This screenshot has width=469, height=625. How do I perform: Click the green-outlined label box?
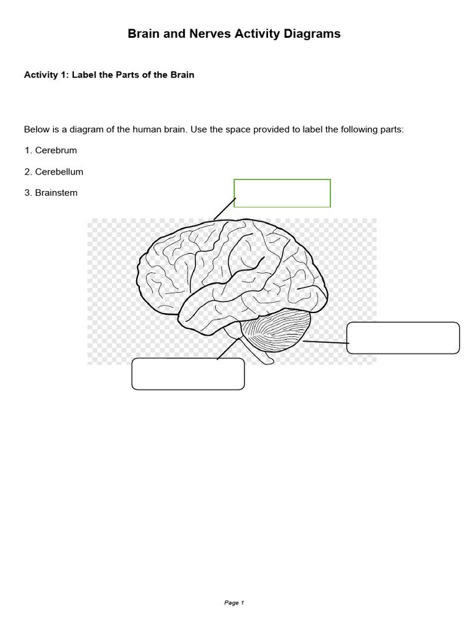click(282, 193)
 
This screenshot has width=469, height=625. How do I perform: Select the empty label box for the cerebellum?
click(402, 338)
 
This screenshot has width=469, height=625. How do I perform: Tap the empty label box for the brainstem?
click(188, 374)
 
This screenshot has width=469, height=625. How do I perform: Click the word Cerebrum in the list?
click(56, 150)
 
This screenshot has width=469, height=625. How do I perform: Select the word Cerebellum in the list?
click(59, 172)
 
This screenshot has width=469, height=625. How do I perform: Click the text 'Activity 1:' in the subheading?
click(46, 75)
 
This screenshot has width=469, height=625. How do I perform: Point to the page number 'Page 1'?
click(234, 603)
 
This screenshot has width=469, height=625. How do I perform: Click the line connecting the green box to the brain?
click(225, 208)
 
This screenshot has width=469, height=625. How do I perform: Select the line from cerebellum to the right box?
click(325, 342)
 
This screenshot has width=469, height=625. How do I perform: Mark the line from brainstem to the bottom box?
click(228, 349)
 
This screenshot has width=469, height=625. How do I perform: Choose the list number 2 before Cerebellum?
click(27, 172)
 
